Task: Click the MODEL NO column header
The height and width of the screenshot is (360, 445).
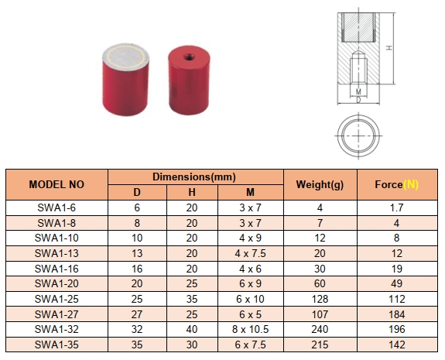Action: (x=56, y=185)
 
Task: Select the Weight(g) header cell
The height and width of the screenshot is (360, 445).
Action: (x=320, y=185)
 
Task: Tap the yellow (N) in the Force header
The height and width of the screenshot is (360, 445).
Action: (x=411, y=185)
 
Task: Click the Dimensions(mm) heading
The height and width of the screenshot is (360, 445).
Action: (x=194, y=177)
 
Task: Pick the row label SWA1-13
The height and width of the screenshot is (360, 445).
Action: (x=56, y=253)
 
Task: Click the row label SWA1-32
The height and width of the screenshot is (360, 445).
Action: (x=56, y=329)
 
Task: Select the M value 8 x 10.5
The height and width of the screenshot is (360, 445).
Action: (x=250, y=329)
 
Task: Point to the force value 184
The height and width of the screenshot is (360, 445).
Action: (x=396, y=314)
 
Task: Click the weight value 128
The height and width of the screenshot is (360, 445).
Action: (x=320, y=299)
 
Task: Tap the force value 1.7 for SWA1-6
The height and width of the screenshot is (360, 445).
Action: (x=396, y=207)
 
